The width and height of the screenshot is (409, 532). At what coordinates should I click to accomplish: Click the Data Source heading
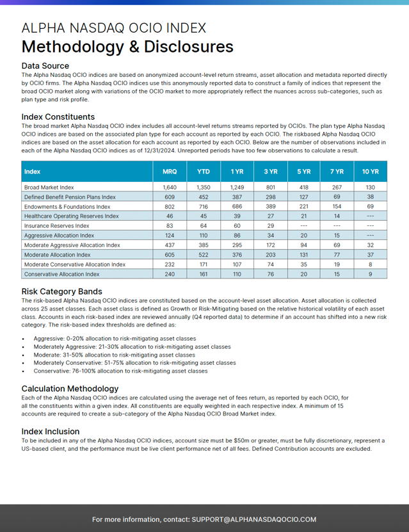(45, 66)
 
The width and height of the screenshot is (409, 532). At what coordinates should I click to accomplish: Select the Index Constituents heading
(58, 117)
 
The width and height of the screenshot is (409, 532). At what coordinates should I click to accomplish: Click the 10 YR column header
(370, 172)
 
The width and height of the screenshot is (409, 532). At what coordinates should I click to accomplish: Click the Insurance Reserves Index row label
(56, 226)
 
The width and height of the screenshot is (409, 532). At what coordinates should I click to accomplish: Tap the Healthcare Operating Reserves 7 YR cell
(336, 216)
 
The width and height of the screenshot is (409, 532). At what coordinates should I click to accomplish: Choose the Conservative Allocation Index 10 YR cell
(370, 274)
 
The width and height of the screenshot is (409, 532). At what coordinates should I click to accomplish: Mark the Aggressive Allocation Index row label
(60, 236)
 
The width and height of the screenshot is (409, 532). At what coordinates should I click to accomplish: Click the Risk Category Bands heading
(61, 291)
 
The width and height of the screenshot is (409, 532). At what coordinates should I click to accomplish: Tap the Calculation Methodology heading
(70, 388)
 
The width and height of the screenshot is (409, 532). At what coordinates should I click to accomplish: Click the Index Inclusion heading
(50, 431)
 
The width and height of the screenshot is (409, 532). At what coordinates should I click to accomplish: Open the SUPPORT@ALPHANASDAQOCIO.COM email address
(253, 519)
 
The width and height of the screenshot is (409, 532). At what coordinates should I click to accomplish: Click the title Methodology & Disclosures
(127, 47)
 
